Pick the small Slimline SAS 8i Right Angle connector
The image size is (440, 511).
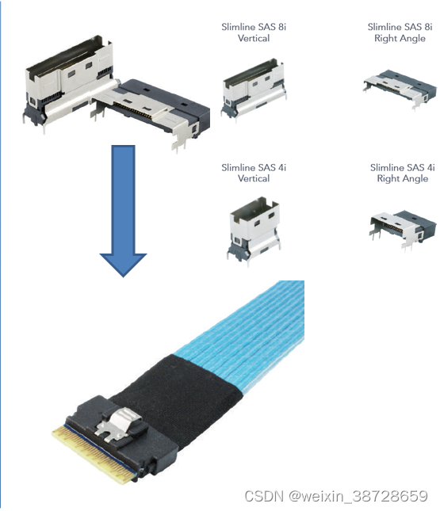400,89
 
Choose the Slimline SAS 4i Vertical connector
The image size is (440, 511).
254,231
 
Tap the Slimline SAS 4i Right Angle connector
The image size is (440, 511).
403,229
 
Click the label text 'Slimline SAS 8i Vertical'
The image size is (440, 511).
254,32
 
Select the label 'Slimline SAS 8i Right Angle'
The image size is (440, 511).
400,32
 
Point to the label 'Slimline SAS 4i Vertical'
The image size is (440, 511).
254,173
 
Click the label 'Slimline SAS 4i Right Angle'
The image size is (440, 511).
403,173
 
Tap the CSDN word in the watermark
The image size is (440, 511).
264,496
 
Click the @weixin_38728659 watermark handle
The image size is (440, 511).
358,496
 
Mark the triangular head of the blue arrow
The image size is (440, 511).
123,265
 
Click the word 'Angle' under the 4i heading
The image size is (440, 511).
415,178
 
